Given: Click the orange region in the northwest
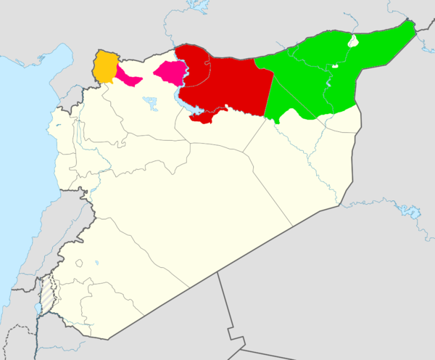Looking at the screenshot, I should pyautogui.click(x=105, y=66).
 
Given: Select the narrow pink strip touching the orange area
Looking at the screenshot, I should pyautogui.click(x=128, y=77).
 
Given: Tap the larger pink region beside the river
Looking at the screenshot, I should pyautogui.click(x=171, y=72).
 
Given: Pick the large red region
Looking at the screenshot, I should pyautogui.click(x=225, y=83).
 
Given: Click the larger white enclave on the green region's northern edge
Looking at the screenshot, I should pyautogui.click(x=353, y=41).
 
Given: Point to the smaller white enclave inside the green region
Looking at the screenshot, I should pyautogui.click(x=335, y=67).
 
